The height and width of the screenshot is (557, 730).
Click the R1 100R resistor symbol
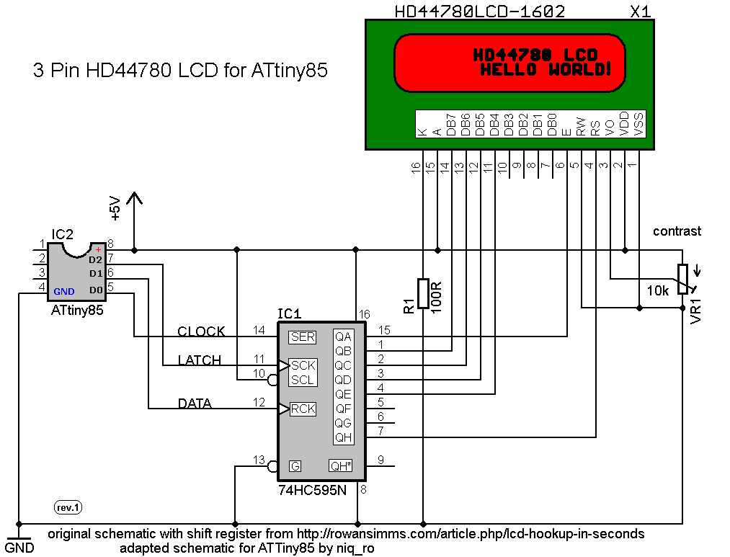[x=423, y=295]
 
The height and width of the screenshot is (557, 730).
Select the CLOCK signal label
[x=201, y=331]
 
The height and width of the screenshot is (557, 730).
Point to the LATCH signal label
[x=200, y=360]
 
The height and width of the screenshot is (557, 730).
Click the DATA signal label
[x=195, y=404]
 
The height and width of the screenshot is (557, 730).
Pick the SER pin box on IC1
[x=302, y=337]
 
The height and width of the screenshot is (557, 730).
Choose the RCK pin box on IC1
[x=303, y=409]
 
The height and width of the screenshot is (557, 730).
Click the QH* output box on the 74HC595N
[x=341, y=465]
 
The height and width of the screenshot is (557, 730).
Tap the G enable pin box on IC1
[x=295, y=466]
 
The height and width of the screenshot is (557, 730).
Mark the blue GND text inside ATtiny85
[x=64, y=291]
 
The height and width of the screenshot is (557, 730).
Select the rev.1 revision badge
[x=68, y=508]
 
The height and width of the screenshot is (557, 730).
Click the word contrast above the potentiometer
[x=677, y=231]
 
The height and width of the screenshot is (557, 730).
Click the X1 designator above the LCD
[x=640, y=12]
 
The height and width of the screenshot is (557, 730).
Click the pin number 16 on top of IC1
[x=364, y=314]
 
